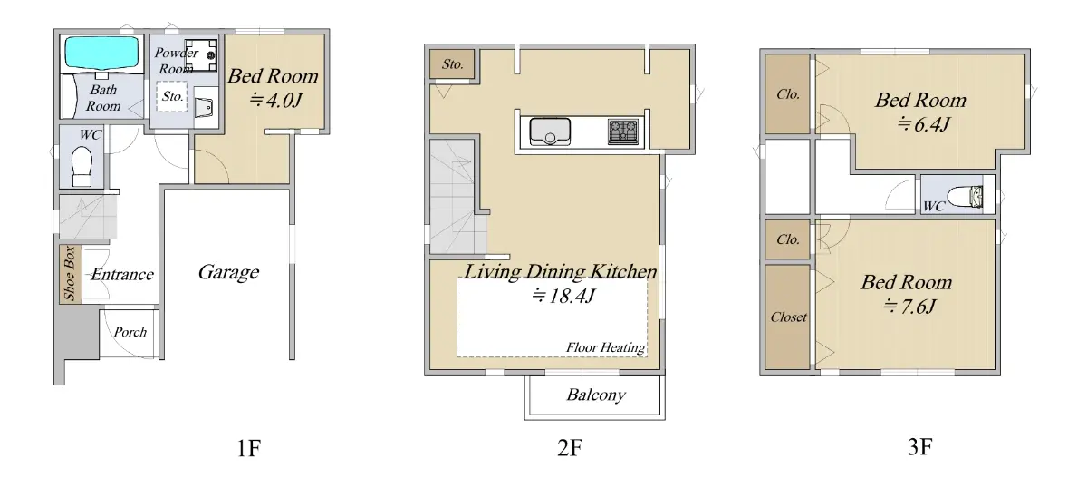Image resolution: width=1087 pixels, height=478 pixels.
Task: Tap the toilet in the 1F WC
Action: [82, 167]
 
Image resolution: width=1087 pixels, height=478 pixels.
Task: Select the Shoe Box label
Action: [70, 274]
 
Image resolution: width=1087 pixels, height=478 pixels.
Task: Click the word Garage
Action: [228, 272]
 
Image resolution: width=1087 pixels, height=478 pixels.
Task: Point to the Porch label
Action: [130, 332]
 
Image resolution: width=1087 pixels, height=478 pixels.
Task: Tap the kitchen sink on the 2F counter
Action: [550, 132]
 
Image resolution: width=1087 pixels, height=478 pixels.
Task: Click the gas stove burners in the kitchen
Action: [623, 132]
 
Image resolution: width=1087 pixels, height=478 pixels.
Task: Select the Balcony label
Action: [596, 395]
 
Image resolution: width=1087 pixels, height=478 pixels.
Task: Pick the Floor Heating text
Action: [606, 347]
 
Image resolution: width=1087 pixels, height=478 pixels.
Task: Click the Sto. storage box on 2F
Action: [452, 64]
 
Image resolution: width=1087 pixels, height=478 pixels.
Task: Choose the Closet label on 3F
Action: [789, 317]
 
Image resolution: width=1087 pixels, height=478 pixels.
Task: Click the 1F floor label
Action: [249, 448]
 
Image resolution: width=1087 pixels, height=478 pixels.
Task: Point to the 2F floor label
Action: [570, 447]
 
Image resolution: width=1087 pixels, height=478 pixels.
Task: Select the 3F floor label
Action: [920, 447]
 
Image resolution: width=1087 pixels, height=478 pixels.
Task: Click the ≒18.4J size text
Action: [563, 296]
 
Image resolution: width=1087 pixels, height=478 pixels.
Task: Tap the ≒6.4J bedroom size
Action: [923, 124]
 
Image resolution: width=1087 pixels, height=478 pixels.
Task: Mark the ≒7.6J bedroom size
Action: [909, 307]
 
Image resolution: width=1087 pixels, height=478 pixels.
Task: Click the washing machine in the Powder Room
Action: [200, 55]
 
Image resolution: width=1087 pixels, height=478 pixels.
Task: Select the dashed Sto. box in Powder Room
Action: [172, 97]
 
